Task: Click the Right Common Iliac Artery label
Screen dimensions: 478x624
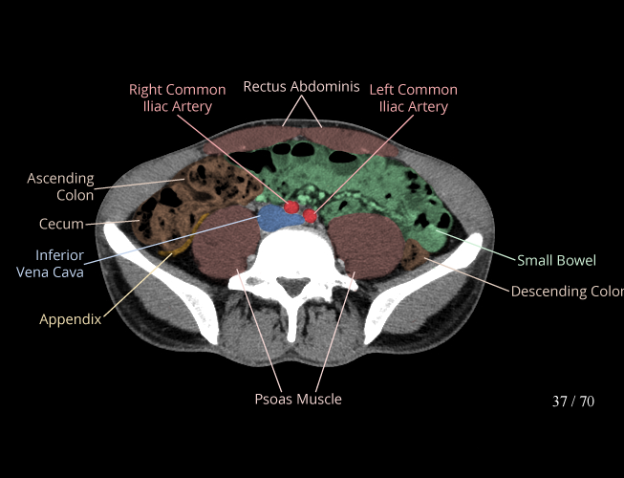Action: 178,98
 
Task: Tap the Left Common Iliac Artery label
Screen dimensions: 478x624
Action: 413,98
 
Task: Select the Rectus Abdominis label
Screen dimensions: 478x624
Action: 301,86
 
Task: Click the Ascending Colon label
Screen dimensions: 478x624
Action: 60,186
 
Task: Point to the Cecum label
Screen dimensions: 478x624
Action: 61,224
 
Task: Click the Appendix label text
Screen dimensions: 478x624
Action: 70,319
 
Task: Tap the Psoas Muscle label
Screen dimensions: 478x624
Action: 297,399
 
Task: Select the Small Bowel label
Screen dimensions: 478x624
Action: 556,260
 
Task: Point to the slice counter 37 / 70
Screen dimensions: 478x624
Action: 572,402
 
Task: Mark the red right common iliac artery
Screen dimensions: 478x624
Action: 291,207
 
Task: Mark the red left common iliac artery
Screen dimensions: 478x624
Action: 310,216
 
